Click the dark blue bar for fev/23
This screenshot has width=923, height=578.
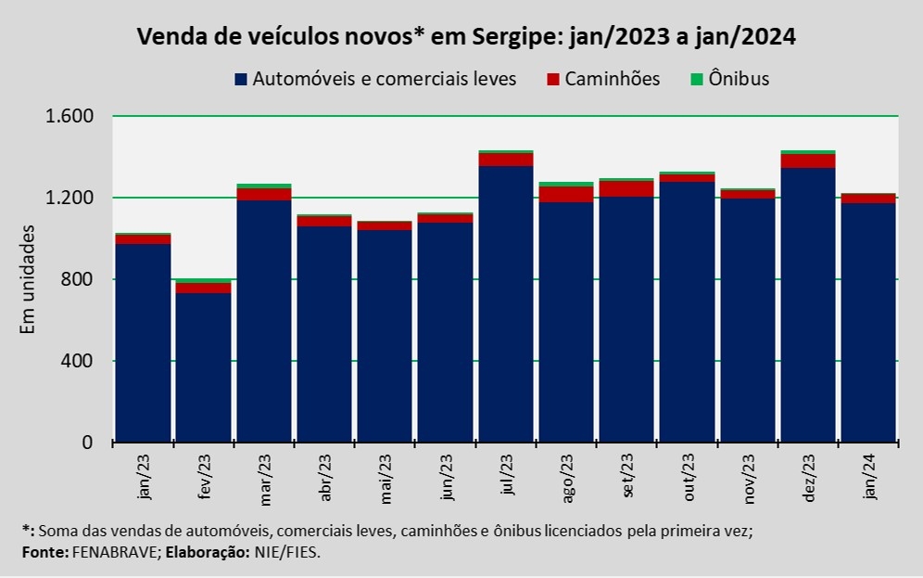click(x=203, y=367)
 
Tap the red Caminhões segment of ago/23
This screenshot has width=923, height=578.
click(x=565, y=194)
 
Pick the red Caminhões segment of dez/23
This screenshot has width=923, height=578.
click(x=808, y=161)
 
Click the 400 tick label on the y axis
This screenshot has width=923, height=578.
click(x=80, y=361)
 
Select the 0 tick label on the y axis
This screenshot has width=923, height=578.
click(x=88, y=443)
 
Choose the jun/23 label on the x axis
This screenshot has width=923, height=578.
click(x=447, y=479)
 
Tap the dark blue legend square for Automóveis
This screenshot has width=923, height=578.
click(x=241, y=79)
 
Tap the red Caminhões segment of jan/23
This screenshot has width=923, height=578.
click(x=143, y=239)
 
